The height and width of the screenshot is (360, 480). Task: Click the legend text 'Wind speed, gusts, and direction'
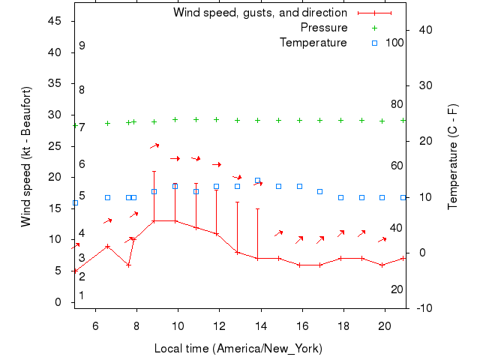(260, 13)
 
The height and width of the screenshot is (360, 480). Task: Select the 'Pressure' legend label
(324, 28)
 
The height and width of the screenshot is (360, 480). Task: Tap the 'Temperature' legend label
(313, 43)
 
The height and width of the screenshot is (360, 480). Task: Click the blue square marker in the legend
(374, 43)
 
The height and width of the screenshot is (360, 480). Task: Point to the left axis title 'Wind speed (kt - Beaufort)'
(26, 157)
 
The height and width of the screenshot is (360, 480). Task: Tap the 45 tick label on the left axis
(55, 21)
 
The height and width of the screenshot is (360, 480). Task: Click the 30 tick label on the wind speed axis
(55, 115)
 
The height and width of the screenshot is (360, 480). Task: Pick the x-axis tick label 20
(385, 326)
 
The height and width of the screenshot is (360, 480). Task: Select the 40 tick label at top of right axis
(424, 30)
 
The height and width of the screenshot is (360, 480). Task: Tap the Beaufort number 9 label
(82, 46)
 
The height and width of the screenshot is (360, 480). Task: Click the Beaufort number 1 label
(82, 295)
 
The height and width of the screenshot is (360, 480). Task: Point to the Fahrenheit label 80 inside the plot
(397, 104)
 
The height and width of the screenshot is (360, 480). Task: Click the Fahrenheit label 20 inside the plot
(397, 289)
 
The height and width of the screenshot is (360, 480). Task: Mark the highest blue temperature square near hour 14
(257, 181)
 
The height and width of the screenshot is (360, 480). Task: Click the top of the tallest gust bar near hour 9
(154, 171)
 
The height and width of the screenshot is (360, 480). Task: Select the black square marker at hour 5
(75, 202)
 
